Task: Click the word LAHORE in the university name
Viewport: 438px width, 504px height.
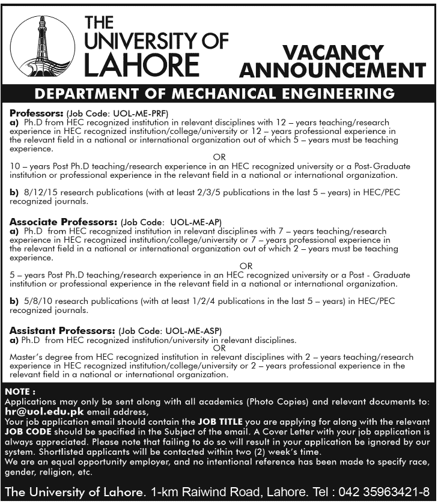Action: click(141, 65)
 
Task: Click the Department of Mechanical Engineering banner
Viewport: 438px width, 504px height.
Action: click(214, 94)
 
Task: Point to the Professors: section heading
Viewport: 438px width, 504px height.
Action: click(37, 112)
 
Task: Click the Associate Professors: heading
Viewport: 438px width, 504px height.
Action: click(63, 221)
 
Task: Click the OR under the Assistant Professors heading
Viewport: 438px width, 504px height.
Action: click(219, 348)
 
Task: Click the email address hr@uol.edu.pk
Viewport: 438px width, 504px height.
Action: click(44, 413)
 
